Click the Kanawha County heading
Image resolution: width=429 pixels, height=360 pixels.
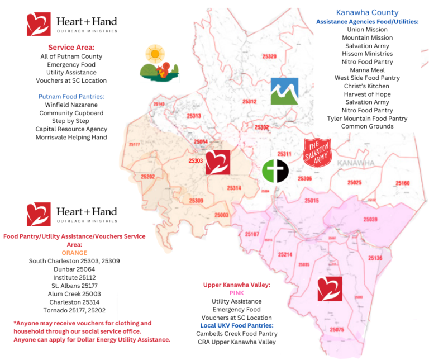[x=367, y=12]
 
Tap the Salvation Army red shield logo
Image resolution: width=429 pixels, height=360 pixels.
[x=317, y=153]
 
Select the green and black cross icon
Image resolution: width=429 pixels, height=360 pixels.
[x=275, y=171]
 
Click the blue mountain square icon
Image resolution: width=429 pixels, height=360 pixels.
[x=284, y=91]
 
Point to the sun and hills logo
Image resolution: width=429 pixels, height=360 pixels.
[x=159, y=63]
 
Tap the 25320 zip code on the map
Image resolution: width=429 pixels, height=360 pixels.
[x=269, y=56]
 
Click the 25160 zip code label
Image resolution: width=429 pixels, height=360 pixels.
[x=402, y=183]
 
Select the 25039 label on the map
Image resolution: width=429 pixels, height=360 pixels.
[x=370, y=220]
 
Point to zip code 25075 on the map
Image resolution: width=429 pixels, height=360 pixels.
[x=337, y=330]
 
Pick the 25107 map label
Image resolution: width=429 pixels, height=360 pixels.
[x=251, y=234]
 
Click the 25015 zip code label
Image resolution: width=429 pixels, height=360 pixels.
[x=311, y=200]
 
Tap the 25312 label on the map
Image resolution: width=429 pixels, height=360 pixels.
[x=249, y=101]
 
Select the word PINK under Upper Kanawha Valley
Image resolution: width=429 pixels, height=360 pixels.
[x=237, y=293]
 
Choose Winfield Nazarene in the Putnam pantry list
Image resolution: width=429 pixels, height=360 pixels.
[x=71, y=105]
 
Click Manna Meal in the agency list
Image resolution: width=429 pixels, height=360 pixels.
[x=368, y=70]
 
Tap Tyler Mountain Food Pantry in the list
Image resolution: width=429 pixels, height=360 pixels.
[x=368, y=119]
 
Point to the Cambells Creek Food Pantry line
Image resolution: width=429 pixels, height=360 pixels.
[x=237, y=334]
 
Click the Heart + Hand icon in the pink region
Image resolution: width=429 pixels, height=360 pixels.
[x=330, y=289]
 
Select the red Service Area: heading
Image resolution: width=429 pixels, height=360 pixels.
[x=71, y=48]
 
